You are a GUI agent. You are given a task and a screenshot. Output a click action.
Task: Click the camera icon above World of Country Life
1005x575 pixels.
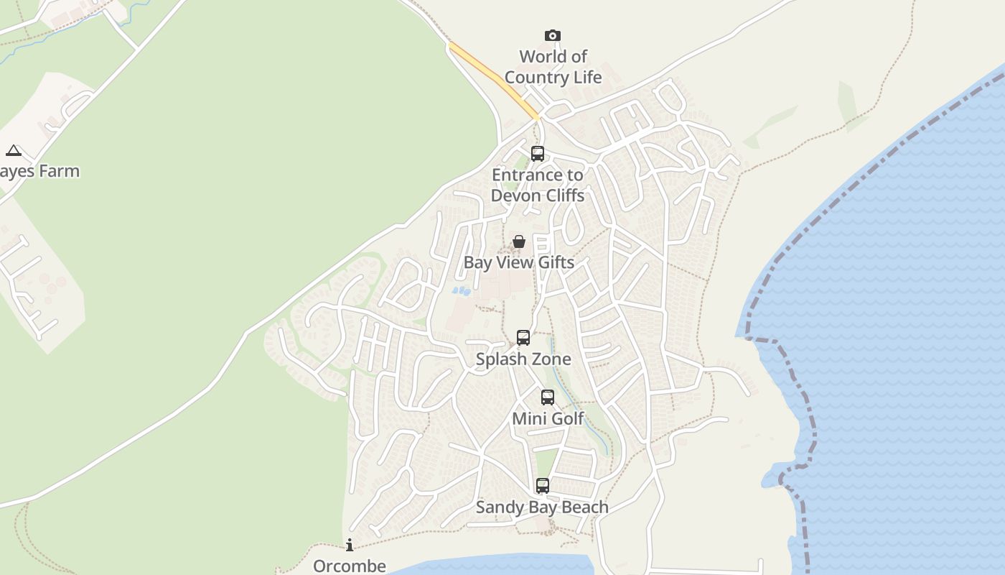pyautogui.click(x=552, y=36)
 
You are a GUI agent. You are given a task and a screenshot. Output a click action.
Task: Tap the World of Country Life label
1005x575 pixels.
pyautogui.click(x=553, y=67)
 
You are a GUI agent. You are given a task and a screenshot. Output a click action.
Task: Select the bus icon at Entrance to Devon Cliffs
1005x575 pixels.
pyautogui.click(x=538, y=154)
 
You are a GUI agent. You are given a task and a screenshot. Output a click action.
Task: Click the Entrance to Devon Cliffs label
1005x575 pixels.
pyautogui.click(x=538, y=185)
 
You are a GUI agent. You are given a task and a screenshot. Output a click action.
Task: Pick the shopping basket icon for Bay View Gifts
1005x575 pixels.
pyautogui.click(x=519, y=241)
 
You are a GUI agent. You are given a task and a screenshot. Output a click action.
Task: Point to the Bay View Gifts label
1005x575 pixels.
pyautogui.click(x=519, y=262)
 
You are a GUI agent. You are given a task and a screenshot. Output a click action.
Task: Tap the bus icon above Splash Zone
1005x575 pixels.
pyautogui.click(x=523, y=338)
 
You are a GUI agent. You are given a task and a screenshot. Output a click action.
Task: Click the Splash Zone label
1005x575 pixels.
pyautogui.click(x=523, y=359)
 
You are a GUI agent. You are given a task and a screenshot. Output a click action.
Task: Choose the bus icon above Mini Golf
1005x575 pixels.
pyautogui.click(x=548, y=397)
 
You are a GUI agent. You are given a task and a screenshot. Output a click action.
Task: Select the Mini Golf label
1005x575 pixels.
pyautogui.click(x=548, y=418)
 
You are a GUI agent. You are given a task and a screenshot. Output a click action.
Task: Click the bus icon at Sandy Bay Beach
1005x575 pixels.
pyautogui.click(x=543, y=486)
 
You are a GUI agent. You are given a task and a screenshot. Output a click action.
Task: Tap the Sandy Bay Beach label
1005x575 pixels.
pyautogui.click(x=542, y=507)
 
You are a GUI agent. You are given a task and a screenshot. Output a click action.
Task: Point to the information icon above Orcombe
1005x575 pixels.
pyautogui.click(x=350, y=545)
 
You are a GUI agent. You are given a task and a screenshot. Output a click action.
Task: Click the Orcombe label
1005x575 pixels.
pyautogui.click(x=350, y=566)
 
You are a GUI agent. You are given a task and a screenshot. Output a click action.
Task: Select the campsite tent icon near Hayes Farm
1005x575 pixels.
pyautogui.click(x=13, y=151)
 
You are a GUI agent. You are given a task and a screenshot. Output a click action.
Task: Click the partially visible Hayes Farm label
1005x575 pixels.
pyautogui.click(x=39, y=171)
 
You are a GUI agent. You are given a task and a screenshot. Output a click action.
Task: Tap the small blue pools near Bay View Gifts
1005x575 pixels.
pyautogui.click(x=461, y=291)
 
